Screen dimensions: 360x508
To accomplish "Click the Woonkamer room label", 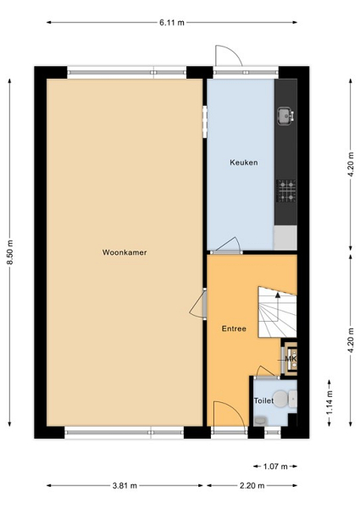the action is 125,252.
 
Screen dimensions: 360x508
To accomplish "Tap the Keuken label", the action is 244,163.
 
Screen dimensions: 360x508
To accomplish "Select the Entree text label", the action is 234,329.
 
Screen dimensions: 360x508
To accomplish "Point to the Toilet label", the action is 263,400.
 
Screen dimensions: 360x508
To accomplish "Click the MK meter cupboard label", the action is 291,359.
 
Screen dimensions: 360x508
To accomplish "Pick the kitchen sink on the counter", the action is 285,116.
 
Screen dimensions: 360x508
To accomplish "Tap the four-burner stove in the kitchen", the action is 286,191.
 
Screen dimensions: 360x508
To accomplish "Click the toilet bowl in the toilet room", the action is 280,399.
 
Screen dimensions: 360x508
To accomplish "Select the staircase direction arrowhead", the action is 277,295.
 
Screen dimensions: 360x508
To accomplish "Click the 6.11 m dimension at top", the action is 172,23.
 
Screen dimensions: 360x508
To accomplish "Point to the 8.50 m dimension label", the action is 10,252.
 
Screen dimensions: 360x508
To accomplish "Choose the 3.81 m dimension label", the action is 125,485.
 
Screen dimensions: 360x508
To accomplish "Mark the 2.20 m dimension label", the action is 252,485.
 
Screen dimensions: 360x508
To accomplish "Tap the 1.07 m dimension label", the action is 275,467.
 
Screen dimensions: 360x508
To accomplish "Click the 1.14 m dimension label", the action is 330,402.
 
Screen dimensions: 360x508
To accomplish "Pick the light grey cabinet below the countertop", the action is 285,238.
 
